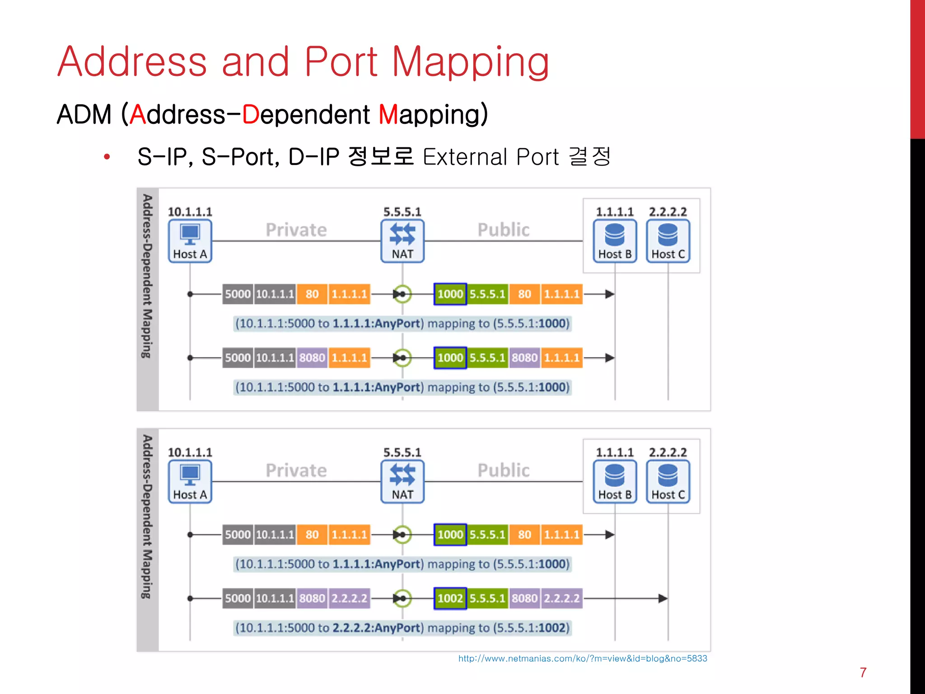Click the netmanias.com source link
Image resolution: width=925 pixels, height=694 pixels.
point(582,658)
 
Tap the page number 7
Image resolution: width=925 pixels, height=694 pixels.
point(863,672)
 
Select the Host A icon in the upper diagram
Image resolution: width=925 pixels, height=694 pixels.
point(190,241)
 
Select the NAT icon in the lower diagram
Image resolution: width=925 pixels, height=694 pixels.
point(402,482)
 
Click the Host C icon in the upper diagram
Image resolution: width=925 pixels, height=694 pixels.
point(668,241)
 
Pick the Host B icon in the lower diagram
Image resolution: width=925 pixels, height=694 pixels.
point(615,482)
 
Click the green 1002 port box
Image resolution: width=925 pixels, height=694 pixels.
point(450,598)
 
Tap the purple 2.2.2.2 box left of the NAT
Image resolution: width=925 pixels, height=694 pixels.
point(349,598)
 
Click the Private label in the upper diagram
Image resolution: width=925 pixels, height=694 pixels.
point(296,230)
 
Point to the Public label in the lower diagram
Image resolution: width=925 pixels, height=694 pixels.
point(503,470)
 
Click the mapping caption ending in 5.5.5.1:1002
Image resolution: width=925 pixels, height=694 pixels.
point(402,628)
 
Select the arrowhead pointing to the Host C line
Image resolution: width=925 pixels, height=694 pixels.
point(662,598)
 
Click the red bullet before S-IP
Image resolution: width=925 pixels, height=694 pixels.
point(107,157)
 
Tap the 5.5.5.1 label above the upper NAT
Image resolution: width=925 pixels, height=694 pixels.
point(402,212)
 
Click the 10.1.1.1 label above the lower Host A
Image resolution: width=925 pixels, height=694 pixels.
point(190,452)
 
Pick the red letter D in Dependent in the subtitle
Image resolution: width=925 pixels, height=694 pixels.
point(250,114)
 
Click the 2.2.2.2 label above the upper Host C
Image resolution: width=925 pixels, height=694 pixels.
point(668,212)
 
